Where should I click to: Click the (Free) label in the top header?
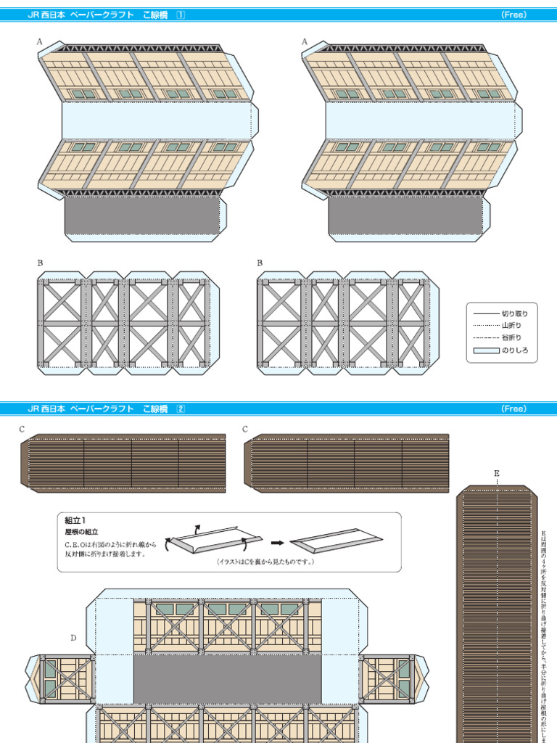click(513, 15)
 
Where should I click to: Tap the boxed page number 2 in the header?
click(181, 409)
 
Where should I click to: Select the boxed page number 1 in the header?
click(181, 15)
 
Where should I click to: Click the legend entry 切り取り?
click(515, 313)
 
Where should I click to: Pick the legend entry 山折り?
click(511, 326)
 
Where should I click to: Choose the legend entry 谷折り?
click(511, 338)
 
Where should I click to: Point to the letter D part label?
click(73, 638)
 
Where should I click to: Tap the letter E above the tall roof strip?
click(497, 473)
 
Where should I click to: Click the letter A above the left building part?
click(41, 42)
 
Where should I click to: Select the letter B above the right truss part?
click(260, 263)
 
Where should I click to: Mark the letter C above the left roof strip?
click(22, 429)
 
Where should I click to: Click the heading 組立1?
click(75, 520)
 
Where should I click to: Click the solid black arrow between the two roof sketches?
click(277, 541)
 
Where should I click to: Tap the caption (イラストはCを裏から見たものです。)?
click(265, 562)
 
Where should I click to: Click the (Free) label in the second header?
click(513, 409)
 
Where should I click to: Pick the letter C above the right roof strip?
click(245, 429)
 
